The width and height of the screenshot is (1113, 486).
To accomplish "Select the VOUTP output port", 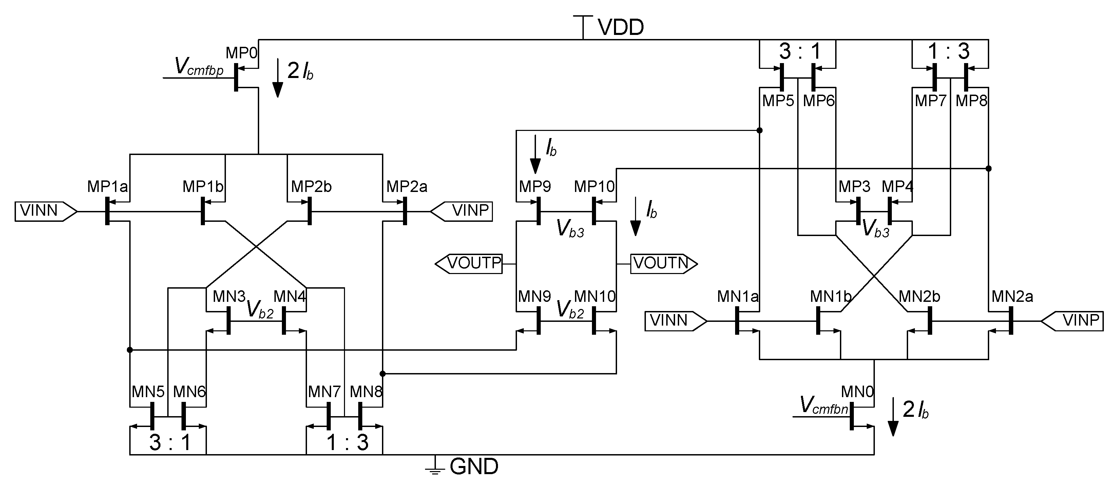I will point(469,264).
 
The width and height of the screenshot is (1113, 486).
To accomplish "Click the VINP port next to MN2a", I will point(1072,321).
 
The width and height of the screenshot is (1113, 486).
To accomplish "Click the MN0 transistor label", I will point(857,392).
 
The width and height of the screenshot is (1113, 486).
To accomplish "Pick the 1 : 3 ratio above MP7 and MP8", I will point(949,52).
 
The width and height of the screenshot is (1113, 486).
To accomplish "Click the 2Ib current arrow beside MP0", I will point(278,78).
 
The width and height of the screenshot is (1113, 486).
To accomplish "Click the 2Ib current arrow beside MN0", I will point(893,417).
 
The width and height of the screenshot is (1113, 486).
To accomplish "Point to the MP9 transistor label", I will point(535,187).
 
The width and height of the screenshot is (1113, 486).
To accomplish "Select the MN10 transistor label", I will point(595,296).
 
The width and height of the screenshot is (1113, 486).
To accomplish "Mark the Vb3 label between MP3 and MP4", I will point(875,229).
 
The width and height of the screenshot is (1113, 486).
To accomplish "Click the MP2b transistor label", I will point(311,187).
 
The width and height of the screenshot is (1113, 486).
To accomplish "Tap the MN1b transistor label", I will point(830,296).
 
